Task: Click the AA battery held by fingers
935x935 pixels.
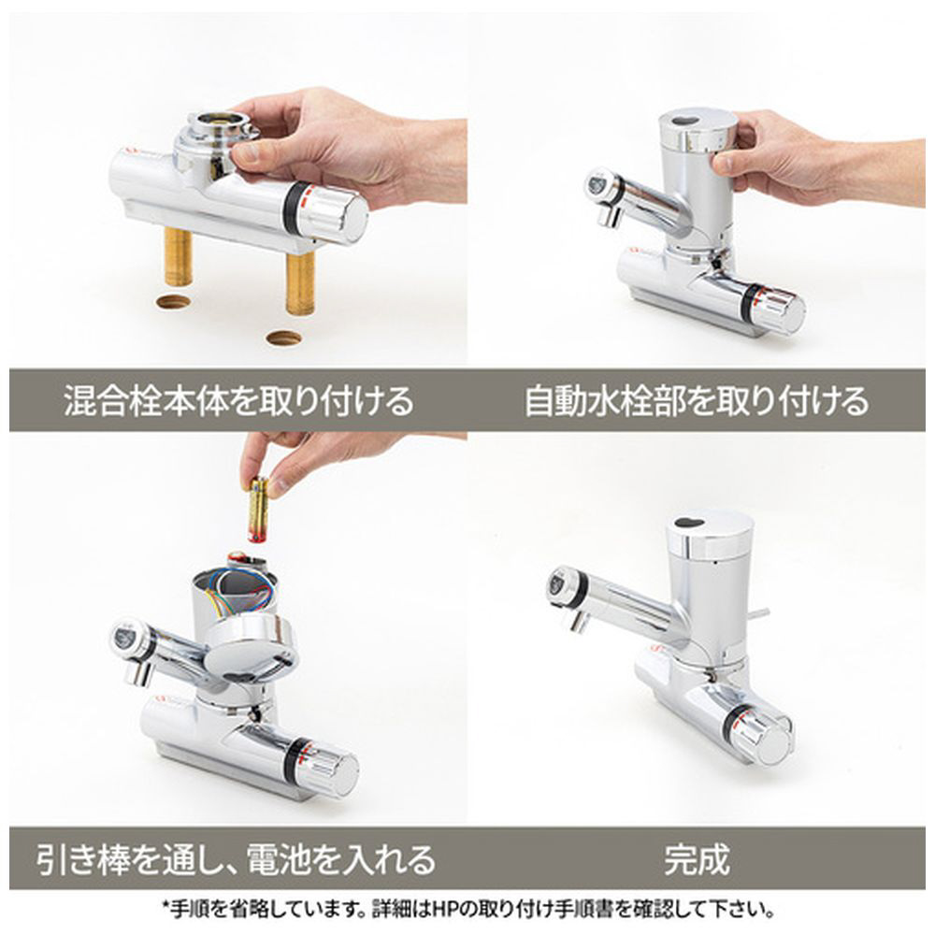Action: point(259,509)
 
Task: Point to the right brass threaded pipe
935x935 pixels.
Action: point(300,282)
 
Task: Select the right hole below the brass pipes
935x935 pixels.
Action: point(283,338)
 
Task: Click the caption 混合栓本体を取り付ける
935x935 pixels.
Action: point(238,400)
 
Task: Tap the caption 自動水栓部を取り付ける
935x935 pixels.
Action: point(696,400)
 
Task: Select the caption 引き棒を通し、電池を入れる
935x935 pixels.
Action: point(237,858)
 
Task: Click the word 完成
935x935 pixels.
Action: point(697,858)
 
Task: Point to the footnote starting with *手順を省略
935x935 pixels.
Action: point(468,910)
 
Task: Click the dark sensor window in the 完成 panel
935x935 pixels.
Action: point(689,523)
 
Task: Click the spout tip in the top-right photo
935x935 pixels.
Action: point(610,215)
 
